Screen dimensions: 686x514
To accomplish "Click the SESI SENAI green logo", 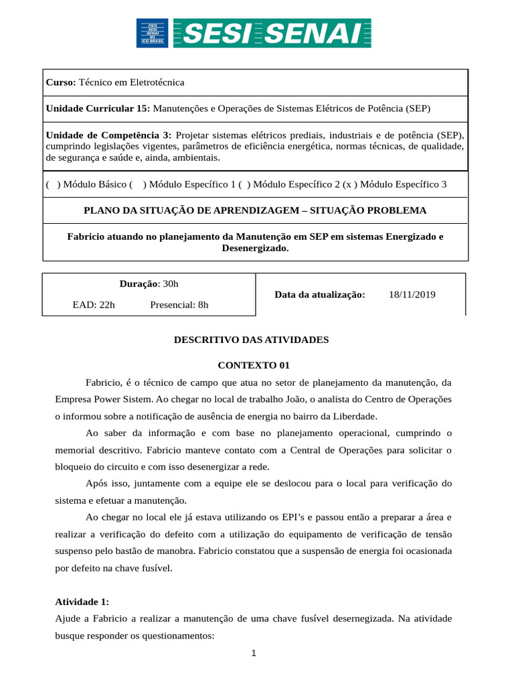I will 272,33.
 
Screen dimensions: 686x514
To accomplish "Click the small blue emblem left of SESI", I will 153,33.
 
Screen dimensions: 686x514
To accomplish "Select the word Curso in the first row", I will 60,82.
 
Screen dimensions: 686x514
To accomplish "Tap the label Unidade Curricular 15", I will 98,108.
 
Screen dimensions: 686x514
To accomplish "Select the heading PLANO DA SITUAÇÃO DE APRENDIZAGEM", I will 254,210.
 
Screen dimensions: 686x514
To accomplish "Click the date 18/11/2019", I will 412,294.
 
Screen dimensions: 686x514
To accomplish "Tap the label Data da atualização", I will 320,294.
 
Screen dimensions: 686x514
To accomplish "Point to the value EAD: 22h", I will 94,305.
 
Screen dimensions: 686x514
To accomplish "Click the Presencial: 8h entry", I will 179,305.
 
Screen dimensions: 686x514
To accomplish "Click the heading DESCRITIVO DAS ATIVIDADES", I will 252,340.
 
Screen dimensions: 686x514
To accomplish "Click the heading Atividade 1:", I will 82,602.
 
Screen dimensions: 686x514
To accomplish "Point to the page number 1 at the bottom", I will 255,655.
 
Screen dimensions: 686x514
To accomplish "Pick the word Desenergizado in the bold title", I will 254,248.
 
